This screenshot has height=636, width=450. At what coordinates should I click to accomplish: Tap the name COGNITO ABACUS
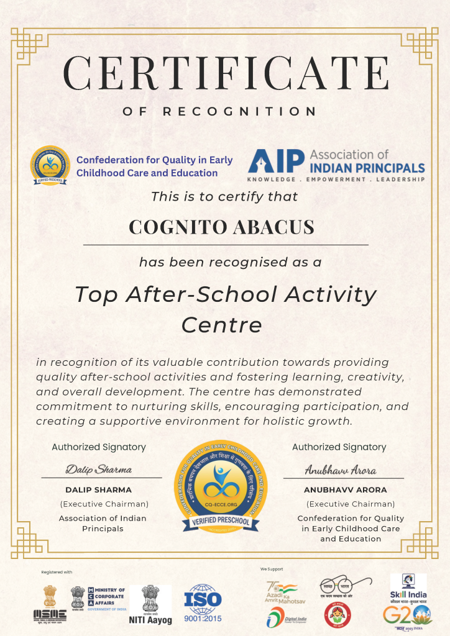(221, 227)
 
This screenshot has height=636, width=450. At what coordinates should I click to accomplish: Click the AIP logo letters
(276, 161)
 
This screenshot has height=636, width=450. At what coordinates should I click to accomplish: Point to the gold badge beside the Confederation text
(51, 166)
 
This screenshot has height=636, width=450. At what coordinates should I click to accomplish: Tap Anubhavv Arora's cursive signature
(340, 470)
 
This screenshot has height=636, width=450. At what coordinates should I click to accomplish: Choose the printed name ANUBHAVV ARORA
(345, 490)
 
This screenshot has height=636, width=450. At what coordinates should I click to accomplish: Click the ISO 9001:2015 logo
(203, 604)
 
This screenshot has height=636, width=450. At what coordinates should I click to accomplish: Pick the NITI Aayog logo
(149, 604)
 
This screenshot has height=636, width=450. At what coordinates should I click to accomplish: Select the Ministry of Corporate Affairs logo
(98, 600)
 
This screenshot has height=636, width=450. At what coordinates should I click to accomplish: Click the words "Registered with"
(57, 571)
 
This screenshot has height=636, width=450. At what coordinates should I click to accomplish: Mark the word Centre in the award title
(222, 324)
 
